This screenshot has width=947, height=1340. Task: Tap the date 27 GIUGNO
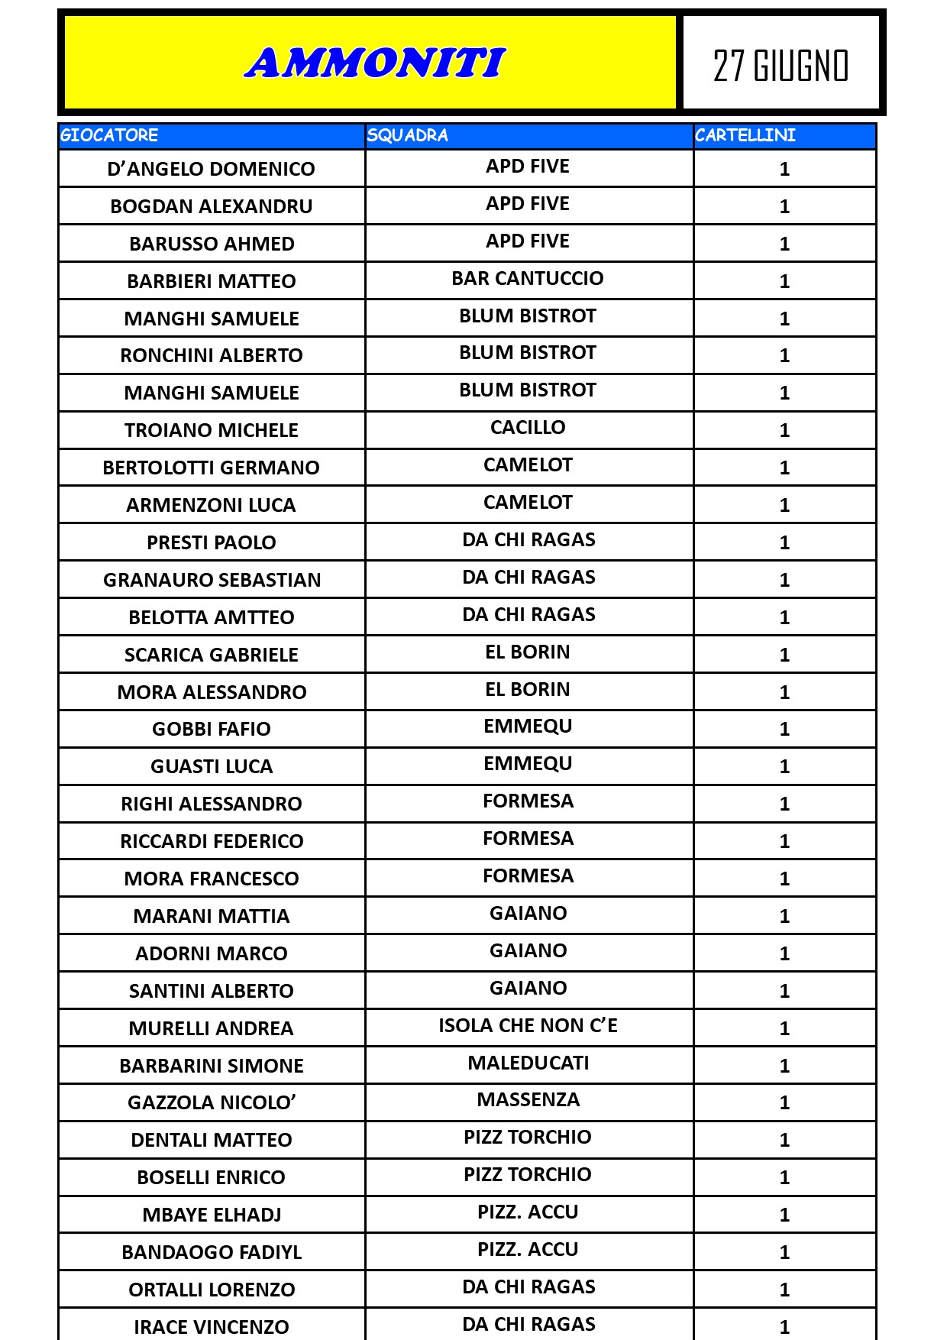[x=781, y=66]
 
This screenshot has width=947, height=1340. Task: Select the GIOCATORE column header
[x=109, y=135]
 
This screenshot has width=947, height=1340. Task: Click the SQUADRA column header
[x=407, y=135]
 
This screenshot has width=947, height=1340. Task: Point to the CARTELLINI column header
[x=745, y=135]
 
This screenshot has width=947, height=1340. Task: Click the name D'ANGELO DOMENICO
[x=212, y=169]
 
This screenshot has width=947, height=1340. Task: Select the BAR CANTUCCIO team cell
[x=528, y=279]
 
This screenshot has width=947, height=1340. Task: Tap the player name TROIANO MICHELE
[x=212, y=430]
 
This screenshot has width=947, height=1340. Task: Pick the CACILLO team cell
[x=528, y=428]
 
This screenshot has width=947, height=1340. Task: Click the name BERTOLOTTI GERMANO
[x=212, y=468]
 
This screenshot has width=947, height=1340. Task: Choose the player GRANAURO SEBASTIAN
[x=212, y=580]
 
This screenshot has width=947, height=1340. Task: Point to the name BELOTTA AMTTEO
[x=212, y=617]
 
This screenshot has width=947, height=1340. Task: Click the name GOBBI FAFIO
[x=212, y=729]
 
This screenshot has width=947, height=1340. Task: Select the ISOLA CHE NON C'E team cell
[x=528, y=1025]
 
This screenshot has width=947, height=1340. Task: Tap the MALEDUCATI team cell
[x=528, y=1063]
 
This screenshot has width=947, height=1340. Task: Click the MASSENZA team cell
[x=528, y=1100]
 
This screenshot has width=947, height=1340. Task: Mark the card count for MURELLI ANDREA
[x=784, y=1028]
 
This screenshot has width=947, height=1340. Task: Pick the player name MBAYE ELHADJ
[x=212, y=1215]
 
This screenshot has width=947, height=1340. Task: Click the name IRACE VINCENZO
[x=212, y=1327]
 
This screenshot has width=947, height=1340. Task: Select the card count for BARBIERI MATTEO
[x=784, y=281]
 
